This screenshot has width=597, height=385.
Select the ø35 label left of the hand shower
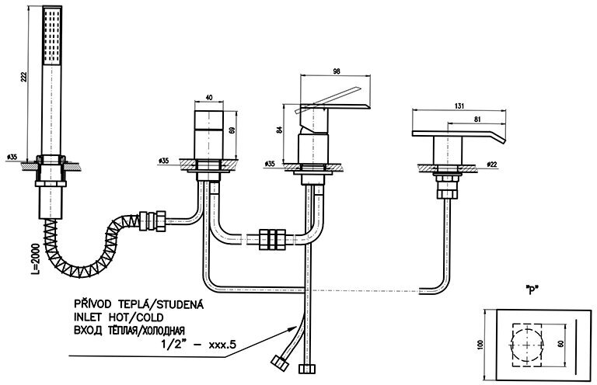(x=12, y=158)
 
